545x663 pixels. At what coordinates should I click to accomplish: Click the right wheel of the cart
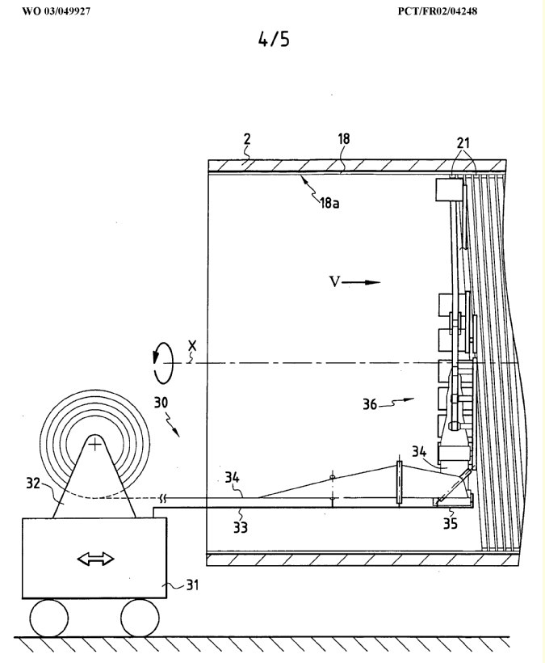tap(137, 618)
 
